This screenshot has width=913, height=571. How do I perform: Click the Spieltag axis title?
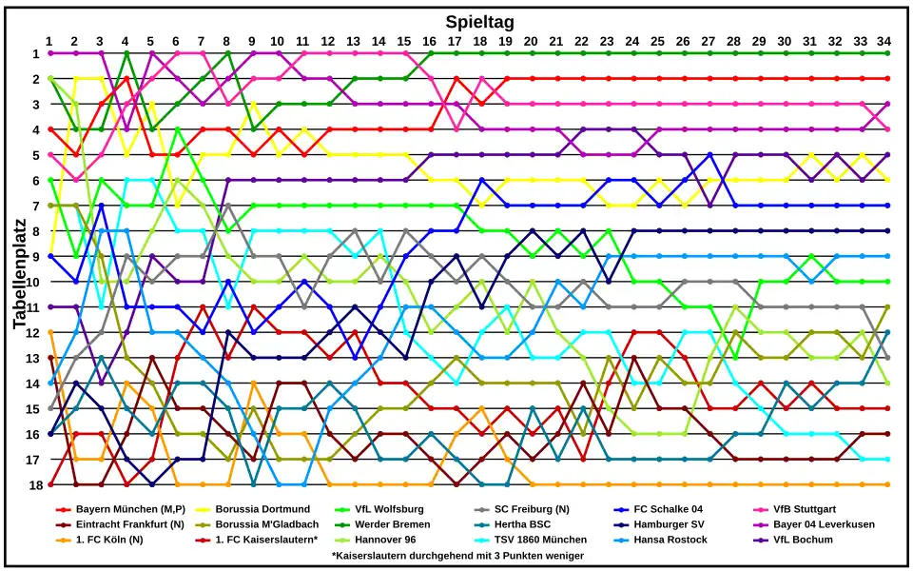[x=480, y=21]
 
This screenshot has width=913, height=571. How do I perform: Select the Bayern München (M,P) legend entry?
[x=130, y=509]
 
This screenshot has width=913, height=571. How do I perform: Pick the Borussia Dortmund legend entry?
[x=262, y=509]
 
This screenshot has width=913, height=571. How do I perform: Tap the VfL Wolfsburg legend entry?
[x=389, y=509]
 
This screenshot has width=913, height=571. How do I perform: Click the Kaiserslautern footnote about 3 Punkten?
[x=457, y=555]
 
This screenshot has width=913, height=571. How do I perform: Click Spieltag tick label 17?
[x=455, y=41]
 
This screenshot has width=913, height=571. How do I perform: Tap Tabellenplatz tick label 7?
[x=34, y=206]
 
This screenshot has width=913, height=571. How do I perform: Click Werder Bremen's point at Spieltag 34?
[x=887, y=53]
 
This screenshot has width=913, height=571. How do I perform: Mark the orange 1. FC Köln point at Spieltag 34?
[x=887, y=484]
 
